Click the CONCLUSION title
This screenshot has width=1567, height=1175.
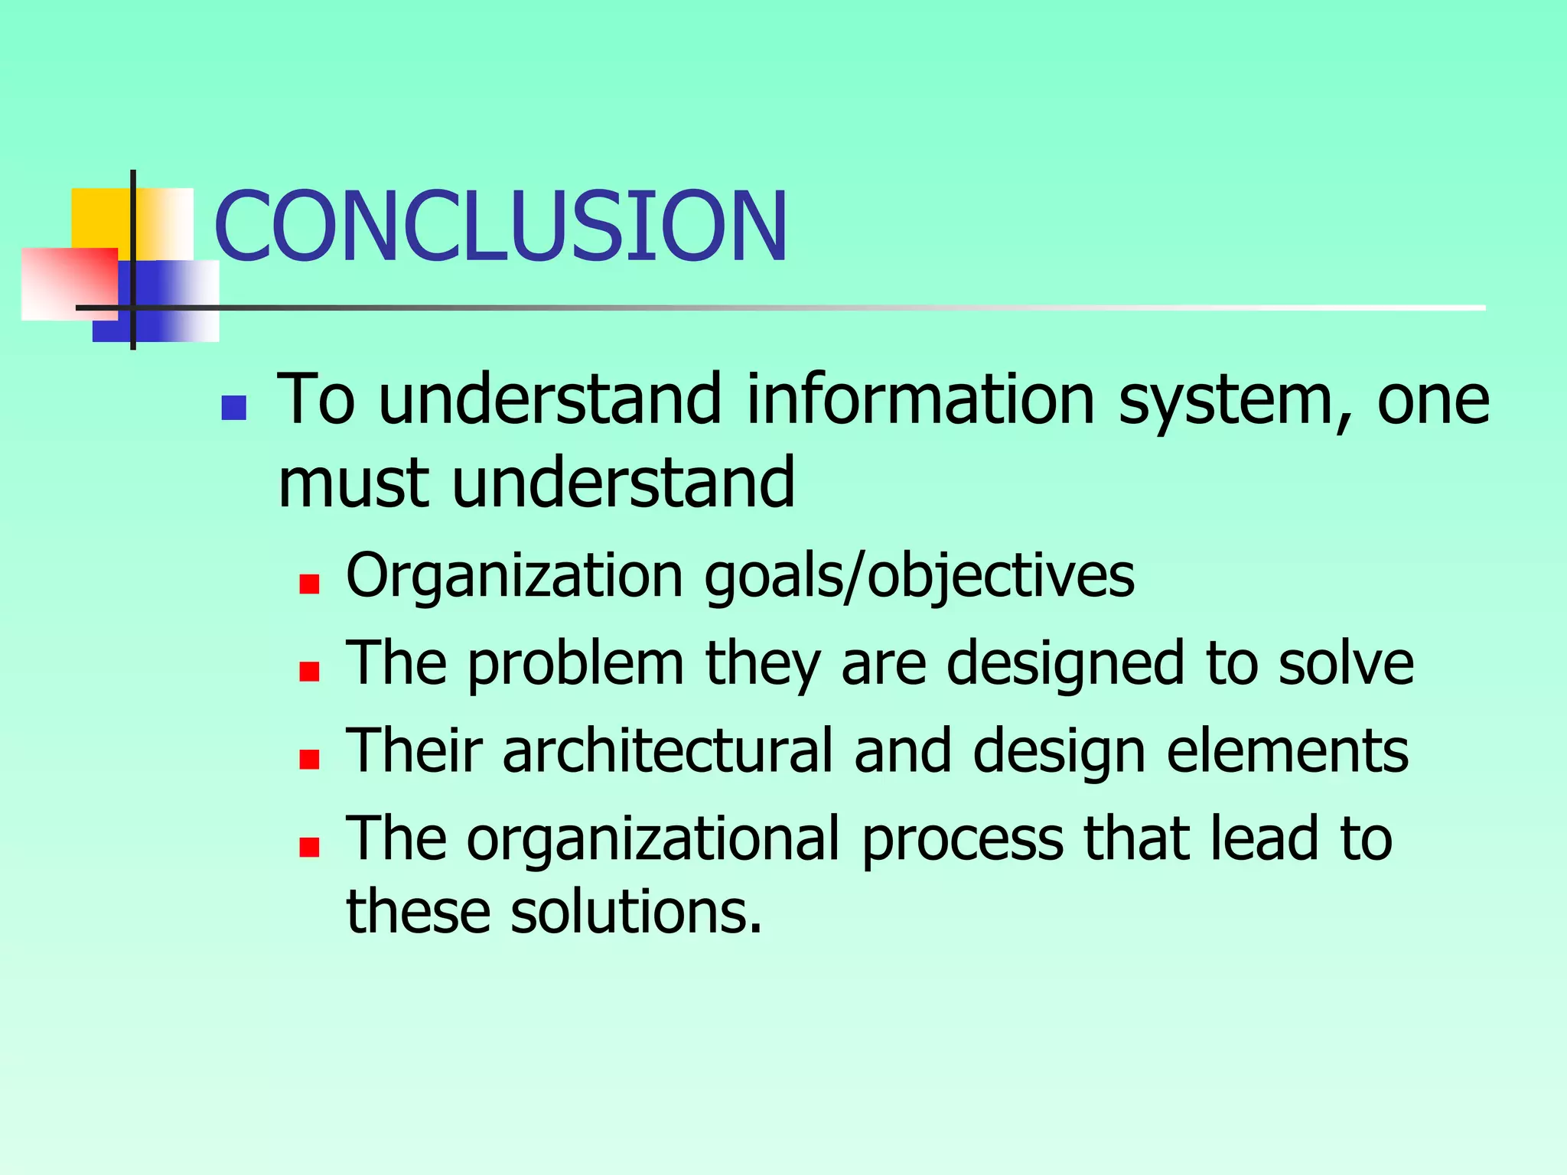[x=501, y=226]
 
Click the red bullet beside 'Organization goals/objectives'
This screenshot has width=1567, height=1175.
[x=309, y=584]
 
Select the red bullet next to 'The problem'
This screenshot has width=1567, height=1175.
[x=309, y=672]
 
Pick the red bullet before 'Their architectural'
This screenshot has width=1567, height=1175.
[x=309, y=759]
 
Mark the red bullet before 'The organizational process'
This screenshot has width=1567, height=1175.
[x=309, y=847]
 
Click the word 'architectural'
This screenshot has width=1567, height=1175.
[x=668, y=750]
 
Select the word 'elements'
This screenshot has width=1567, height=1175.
[x=1287, y=750]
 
